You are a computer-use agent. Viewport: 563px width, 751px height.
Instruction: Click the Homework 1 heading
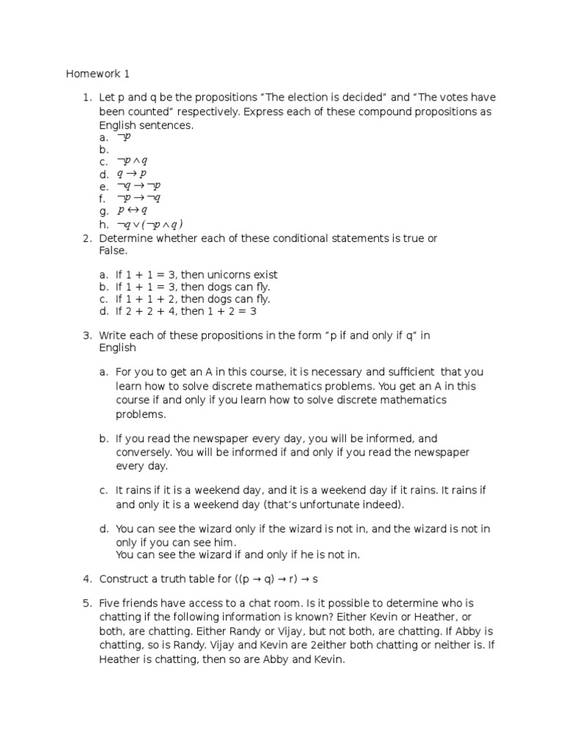[x=97, y=73]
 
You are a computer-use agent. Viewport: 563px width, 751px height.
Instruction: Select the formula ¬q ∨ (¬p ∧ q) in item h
[x=150, y=224]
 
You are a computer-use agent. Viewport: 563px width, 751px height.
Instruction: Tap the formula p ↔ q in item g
[x=133, y=211]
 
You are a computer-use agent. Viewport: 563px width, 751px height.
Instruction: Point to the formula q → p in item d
[x=132, y=174]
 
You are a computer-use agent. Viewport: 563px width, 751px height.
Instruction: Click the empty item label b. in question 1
[x=104, y=149]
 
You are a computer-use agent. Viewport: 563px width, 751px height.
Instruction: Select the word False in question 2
[x=112, y=251]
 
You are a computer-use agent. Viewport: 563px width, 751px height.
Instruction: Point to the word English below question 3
[x=117, y=348]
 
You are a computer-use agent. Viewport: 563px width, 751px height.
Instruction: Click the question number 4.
[x=86, y=579]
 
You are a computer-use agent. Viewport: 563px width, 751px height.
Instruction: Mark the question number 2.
[x=86, y=238]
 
